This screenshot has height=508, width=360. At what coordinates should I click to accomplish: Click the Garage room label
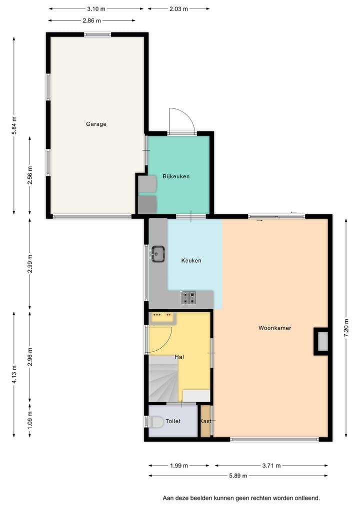click(x=96, y=124)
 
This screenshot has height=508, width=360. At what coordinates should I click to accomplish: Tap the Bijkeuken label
click(x=176, y=176)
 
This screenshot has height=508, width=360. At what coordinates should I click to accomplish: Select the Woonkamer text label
click(x=274, y=328)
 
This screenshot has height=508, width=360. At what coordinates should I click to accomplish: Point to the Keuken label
click(x=191, y=260)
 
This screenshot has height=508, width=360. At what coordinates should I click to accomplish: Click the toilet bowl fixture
click(x=156, y=422)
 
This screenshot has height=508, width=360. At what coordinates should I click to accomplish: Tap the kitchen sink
click(x=158, y=254)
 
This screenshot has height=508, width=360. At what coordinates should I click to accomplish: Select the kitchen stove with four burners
click(x=188, y=298)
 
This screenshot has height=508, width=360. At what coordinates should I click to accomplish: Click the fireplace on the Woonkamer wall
click(x=322, y=341)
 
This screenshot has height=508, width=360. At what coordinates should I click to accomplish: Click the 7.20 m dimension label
click(x=345, y=328)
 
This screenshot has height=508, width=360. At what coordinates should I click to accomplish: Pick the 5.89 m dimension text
click(x=238, y=476)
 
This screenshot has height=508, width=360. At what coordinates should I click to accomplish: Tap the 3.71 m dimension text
click(x=271, y=466)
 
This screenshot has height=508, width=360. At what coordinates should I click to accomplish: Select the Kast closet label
click(x=205, y=421)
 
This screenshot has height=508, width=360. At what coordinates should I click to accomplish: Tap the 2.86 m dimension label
click(x=92, y=20)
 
